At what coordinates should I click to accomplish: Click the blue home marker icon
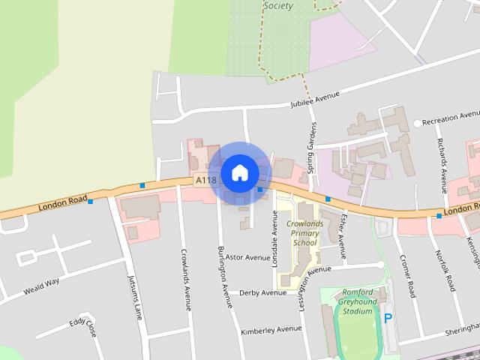point(239,172)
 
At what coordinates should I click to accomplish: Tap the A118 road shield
point(205,181)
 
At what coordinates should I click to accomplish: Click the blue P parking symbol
point(388,318)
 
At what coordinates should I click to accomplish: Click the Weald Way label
point(41,286)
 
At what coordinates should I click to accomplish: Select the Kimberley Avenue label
point(271,330)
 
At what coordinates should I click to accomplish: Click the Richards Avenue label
point(442,163)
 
